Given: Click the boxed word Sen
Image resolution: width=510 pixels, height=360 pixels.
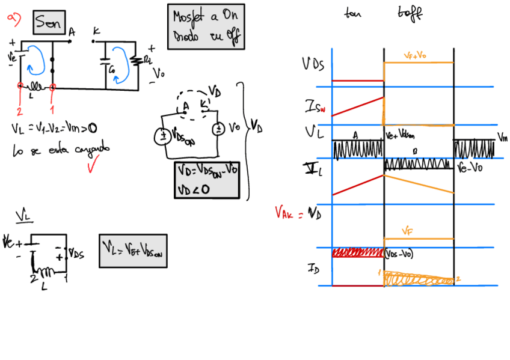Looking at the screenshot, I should point(48,22).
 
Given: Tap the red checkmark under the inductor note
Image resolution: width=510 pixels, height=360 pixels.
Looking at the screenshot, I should point(91,165).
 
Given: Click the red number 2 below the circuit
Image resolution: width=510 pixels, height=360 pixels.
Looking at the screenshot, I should point(19,111).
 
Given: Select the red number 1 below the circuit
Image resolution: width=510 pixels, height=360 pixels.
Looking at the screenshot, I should point(52,111).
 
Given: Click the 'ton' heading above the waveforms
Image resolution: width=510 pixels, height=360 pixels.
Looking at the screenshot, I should point(352,13).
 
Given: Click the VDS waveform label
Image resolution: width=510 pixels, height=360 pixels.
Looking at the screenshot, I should point(313,64).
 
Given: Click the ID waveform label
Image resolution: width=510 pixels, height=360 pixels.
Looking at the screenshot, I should point(313,267).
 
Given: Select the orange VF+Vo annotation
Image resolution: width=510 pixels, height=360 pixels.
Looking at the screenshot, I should point(416,55).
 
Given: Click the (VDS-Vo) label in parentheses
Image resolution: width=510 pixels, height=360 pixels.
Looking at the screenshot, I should point(399,254).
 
